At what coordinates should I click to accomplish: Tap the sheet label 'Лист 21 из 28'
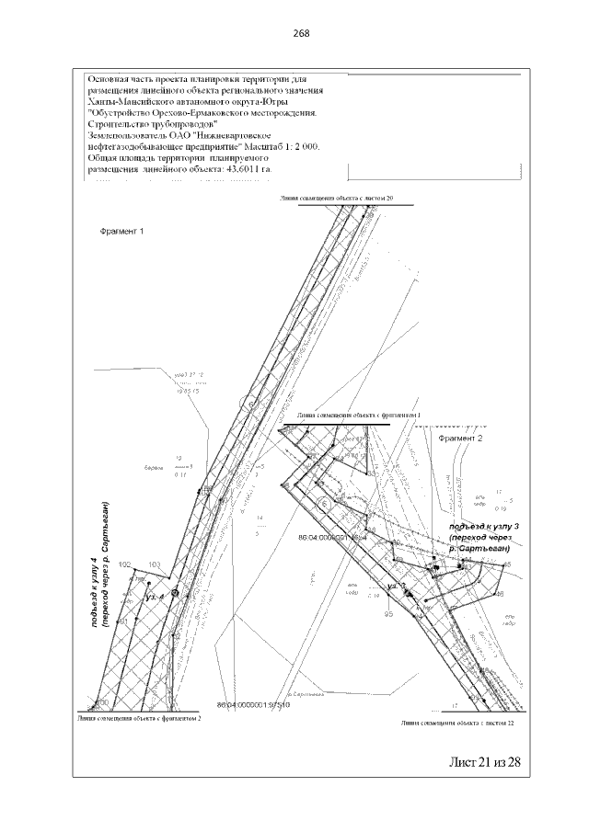(x=484, y=762)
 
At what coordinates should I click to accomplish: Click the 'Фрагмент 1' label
(x=122, y=231)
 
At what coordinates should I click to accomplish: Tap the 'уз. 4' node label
(x=155, y=597)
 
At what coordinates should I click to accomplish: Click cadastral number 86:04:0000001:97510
(x=253, y=706)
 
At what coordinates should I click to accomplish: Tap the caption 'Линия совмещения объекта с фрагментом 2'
(x=139, y=717)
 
